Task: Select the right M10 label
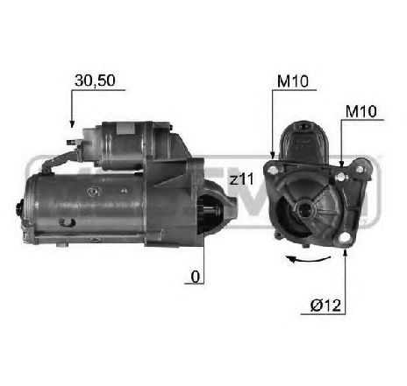pos(360,111)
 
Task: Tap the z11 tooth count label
pos(240,179)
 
